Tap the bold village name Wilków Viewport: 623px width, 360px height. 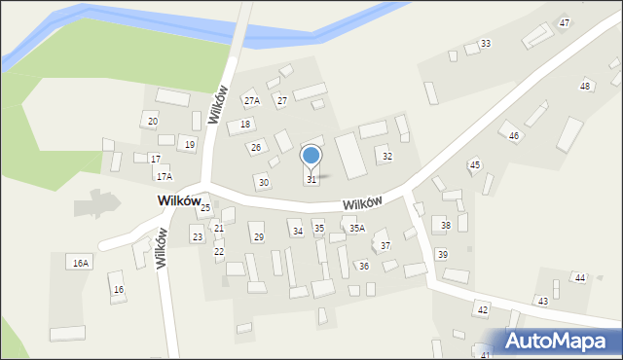[178, 199]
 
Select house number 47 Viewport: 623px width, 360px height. [565, 22]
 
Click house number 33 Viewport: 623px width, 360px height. [485, 44]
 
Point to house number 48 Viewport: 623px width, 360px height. [585, 87]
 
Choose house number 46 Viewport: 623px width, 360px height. [513, 135]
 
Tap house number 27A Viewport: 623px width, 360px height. [252, 101]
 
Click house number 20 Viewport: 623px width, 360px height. [152, 121]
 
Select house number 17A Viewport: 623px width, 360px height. [164, 177]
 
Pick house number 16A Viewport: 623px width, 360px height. [80, 263]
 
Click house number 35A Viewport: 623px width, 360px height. [357, 229]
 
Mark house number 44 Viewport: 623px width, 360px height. [579, 278]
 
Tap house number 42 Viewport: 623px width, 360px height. [482, 309]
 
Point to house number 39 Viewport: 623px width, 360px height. [442, 254]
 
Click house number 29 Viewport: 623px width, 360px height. [258, 237]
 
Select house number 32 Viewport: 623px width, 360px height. [386, 157]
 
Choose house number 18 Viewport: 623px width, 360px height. [246, 125]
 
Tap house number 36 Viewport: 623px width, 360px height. [363, 266]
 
